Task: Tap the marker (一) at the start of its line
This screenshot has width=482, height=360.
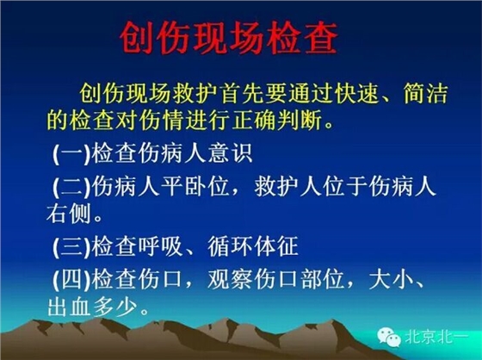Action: point(70,156)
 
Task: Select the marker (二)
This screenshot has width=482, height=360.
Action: point(70,186)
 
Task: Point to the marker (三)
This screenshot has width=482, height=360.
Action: point(70,248)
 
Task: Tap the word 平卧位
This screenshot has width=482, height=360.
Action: point(194,186)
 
